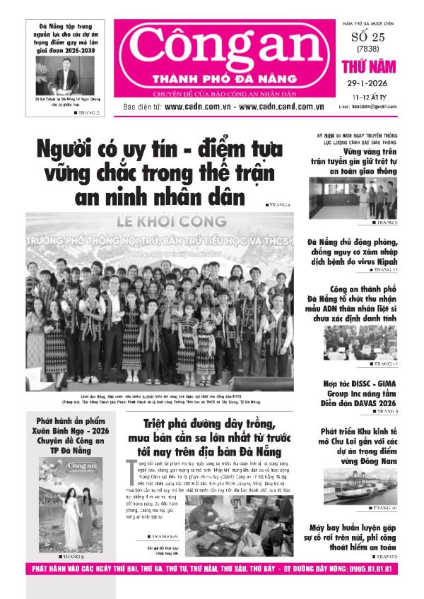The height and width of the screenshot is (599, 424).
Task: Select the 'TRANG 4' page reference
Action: point(279,204)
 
